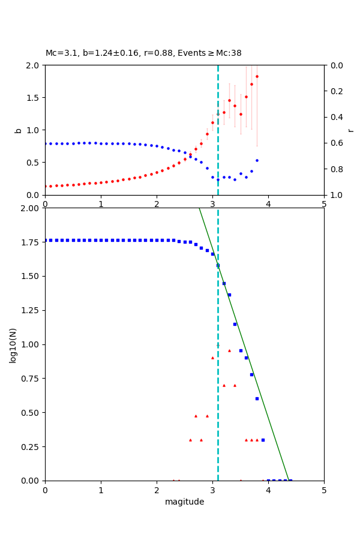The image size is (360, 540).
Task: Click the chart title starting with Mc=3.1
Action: [143, 53]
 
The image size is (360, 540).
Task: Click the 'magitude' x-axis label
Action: [184, 502]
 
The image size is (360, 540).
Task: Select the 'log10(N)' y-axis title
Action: [13, 345]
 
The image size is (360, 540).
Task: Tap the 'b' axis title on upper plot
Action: [18, 130]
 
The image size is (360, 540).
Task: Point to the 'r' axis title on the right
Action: [350, 130]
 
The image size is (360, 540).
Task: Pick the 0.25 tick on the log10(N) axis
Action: [30, 447]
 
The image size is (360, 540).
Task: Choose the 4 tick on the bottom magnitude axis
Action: [268, 490]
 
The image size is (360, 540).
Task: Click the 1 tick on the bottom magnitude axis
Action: [101, 490]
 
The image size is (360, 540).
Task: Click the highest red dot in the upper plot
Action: [257, 76]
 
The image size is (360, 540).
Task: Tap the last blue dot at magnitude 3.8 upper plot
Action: [257, 160]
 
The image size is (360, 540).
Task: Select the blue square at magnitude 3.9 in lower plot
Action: [263, 440]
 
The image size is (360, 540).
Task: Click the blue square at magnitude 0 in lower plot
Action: [46, 240]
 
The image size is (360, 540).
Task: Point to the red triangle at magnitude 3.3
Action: [229, 350]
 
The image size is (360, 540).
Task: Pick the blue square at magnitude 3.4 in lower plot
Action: [235, 324]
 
